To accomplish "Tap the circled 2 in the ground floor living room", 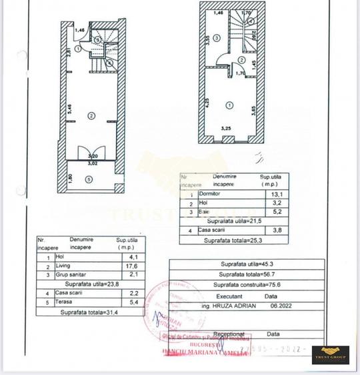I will tap(89, 115).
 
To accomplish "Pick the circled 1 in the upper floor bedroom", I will tap(230, 105).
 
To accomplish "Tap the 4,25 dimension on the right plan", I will tap(207, 103).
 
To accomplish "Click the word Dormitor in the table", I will tap(211, 193).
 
